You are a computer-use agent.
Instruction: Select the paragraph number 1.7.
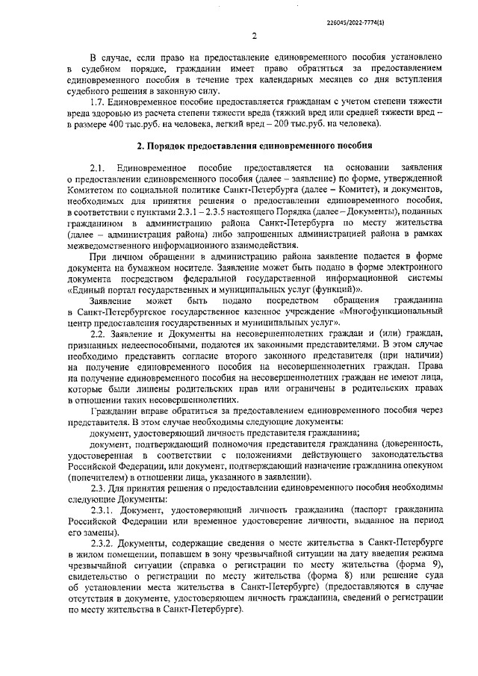click(96, 100)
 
